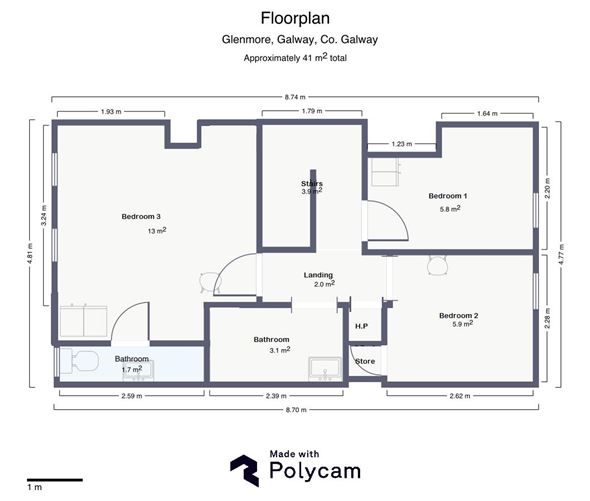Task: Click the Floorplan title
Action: [x=295, y=17]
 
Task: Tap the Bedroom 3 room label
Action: [x=141, y=217]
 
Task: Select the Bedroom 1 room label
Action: [x=448, y=196]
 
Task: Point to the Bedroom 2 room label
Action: [x=458, y=316]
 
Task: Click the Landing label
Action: [x=318, y=275]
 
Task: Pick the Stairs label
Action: [x=311, y=184]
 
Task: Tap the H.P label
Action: [x=361, y=326]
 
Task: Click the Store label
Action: [x=365, y=361]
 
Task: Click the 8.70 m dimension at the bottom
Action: [x=296, y=410]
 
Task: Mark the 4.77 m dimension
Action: [x=571, y=254]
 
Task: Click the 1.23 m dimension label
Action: [x=402, y=144]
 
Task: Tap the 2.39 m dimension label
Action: [x=278, y=397]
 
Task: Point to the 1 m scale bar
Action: [x=53, y=479]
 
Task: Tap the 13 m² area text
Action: [x=157, y=230]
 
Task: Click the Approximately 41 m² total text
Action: [x=295, y=58]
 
